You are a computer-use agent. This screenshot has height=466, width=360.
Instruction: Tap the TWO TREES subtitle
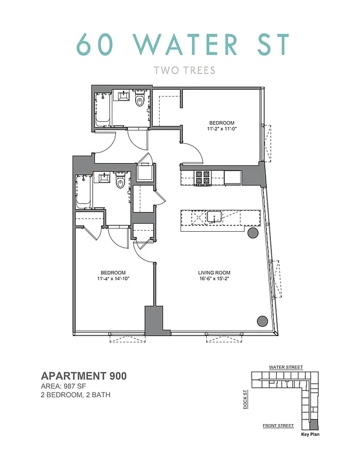coord(184,70)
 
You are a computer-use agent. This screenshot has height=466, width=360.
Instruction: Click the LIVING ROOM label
coord(214,273)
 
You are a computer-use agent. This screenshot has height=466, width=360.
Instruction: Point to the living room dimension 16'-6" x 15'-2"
coord(214,279)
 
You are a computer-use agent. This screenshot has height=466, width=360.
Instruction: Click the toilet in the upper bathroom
coord(139,101)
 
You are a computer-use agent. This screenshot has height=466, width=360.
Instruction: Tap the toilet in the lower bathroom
coord(121,183)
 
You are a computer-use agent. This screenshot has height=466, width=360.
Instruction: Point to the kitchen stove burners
coord(203,176)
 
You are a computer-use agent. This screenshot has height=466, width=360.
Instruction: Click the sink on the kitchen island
coord(214,217)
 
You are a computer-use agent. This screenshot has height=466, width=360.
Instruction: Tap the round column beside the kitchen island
coord(253,234)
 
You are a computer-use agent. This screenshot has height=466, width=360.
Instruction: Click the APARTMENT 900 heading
coord(83,376)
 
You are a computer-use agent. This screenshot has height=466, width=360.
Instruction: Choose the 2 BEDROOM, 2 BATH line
coord(76,395)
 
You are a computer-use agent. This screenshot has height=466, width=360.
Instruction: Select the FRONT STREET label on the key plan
coord(278,426)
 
